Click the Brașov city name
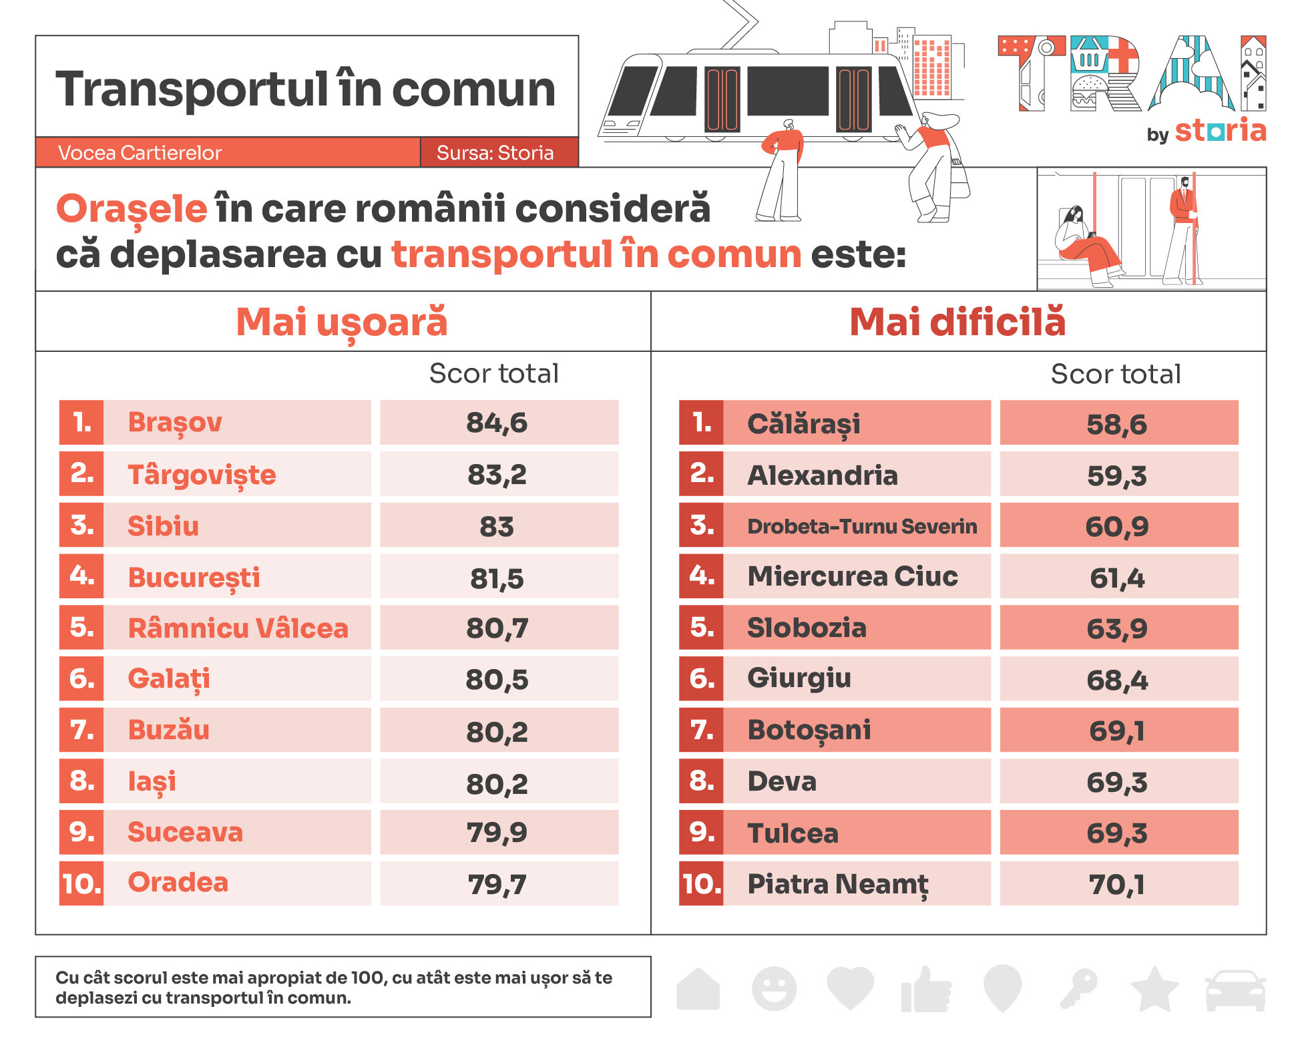(x=175, y=423)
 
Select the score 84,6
(x=497, y=423)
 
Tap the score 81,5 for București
(x=497, y=578)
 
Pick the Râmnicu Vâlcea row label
(x=238, y=628)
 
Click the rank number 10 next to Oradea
(x=81, y=884)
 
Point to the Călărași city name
(x=804, y=424)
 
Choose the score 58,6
(x=1116, y=424)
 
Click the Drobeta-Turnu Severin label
(x=862, y=526)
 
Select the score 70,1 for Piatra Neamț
(x=1116, y=885)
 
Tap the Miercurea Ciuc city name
(x=853, y=576)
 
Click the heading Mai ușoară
(x=342, y=322)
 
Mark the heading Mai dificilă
(x=957, y=322)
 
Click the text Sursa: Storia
(x=495, y=153)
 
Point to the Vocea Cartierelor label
(x=140, y=153)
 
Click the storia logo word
(x=1221, y=130)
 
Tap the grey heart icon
(x=850, y=988)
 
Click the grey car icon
(x=1235, y=990)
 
